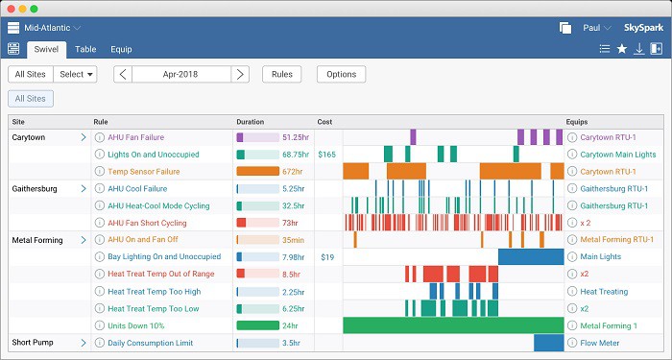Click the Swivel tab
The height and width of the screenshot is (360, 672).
46,49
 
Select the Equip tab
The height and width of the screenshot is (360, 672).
121,49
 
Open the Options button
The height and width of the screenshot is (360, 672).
341,74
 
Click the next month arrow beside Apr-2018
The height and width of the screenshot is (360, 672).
240,74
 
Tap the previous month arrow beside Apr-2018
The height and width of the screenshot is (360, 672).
123,74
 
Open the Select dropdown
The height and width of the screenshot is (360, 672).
76,74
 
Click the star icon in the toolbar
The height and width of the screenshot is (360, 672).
622,49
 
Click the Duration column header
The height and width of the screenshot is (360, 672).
251,122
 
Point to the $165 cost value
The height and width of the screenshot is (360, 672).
327,155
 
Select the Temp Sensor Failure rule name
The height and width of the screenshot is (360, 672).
144,172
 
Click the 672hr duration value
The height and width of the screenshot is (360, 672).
292,172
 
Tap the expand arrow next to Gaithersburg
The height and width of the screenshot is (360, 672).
84,188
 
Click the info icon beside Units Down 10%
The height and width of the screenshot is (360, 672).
100,325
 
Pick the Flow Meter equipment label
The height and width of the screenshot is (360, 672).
600,343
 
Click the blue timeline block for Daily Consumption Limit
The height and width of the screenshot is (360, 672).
548,343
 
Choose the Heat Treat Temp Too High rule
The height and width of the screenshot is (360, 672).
154,292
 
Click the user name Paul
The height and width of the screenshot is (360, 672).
591,28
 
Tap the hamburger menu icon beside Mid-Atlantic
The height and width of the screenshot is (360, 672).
13,28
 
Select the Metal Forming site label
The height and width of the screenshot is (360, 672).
37,240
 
